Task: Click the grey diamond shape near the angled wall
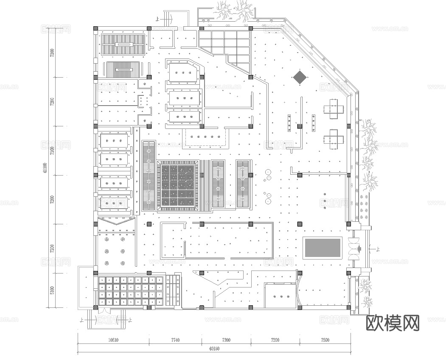(300, 77)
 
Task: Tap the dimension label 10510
(113, 340)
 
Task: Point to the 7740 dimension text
(175, 340)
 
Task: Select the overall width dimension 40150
(214, 349)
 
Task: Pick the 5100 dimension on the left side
(52, 290)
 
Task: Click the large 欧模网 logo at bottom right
(393, 323)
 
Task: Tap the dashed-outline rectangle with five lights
(205, 137)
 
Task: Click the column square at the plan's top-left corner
(95, 28)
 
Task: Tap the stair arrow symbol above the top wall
(172, 19)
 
